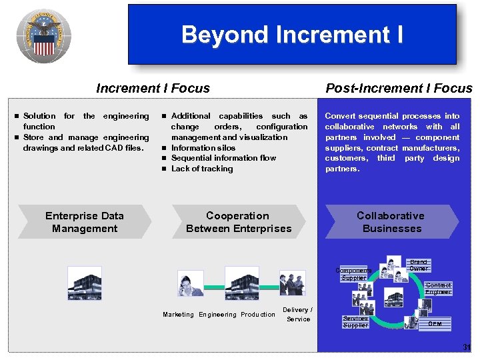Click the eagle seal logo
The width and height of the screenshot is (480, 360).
click(44, 37)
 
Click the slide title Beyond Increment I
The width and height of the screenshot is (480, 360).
click(292, 35)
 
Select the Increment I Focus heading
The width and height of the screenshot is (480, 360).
click(153, 88)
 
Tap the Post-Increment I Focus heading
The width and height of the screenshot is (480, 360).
click(398, 88)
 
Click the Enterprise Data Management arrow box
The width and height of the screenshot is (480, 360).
click(85, 222)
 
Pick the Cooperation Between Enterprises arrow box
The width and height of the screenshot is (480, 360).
click(239, 222)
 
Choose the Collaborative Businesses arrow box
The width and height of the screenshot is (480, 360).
click(391, 222)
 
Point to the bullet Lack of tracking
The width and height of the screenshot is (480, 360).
click(202, 169)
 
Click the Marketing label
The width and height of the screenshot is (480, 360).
click(178, 315)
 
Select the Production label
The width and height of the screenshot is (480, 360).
click(258, 315)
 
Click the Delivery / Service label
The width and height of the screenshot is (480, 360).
click(297, 315)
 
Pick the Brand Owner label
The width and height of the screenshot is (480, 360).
click(418, 265)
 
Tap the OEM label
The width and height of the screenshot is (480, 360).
click(435, 324)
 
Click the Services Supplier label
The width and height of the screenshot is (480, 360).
click(355, 322)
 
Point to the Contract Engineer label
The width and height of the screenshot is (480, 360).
click(438, 289)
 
